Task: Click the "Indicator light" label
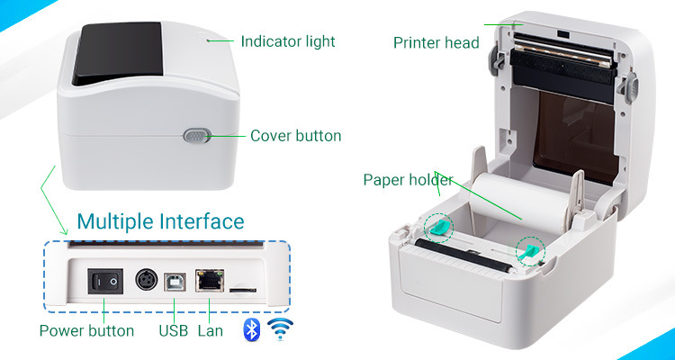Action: click(x=287, y=41)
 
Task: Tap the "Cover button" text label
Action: click(x=295, y=136)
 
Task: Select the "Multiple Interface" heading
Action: click(x=160, y=221)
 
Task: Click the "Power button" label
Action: click(x=86, y=330)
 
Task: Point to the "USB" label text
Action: click(x=174, y=330)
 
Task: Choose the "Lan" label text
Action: click(x=211, y=330)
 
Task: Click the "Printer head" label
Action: click(x=436, y=42)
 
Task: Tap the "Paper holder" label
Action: click(x=408, y=179)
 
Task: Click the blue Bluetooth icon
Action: click(x=252, y=329)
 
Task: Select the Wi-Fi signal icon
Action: click(x=283, y=329)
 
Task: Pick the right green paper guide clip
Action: click(x=529, y=250)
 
